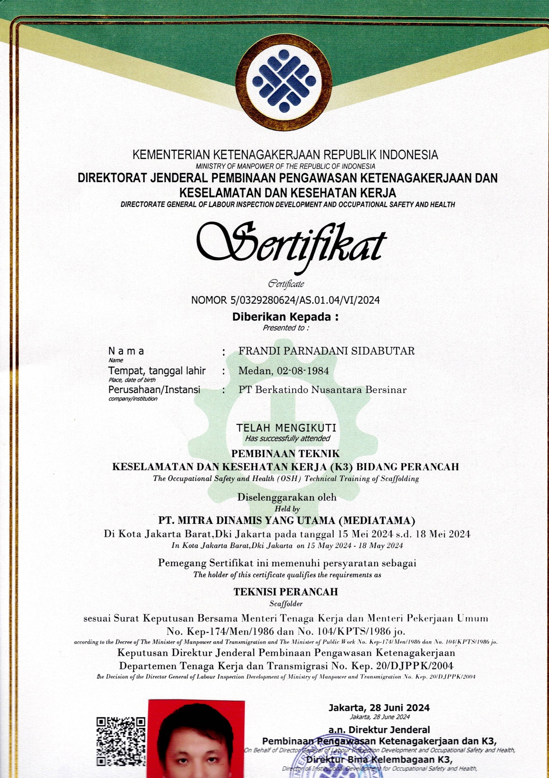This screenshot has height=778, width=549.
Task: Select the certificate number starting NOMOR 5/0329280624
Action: pos(285,300)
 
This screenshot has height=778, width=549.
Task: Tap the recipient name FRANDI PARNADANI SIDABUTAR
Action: pos(326,351)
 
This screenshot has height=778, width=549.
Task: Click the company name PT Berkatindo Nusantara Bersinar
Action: pos(322,389)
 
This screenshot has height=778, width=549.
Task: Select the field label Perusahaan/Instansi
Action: pos(154,389)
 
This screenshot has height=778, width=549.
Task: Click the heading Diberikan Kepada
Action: pos(285,317)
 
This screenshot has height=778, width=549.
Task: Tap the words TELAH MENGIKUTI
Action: pos(286,428)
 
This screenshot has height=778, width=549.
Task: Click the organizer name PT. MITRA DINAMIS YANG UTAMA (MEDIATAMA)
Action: pos(287,520)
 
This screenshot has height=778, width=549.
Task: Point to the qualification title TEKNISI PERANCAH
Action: pos(286,592)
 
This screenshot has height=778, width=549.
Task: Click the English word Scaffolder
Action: pos(286,604)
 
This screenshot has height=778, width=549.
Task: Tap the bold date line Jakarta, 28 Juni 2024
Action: pos(379,707)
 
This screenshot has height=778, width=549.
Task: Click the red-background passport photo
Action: pos(196,740)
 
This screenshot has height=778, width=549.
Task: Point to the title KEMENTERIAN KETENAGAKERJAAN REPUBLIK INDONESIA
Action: pos(285,155)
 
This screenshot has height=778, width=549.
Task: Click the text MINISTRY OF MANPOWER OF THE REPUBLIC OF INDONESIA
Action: pos(285,166)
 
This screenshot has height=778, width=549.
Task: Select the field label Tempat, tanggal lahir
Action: pos(157,371)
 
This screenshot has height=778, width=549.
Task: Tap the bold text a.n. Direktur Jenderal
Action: pos(379,730)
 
